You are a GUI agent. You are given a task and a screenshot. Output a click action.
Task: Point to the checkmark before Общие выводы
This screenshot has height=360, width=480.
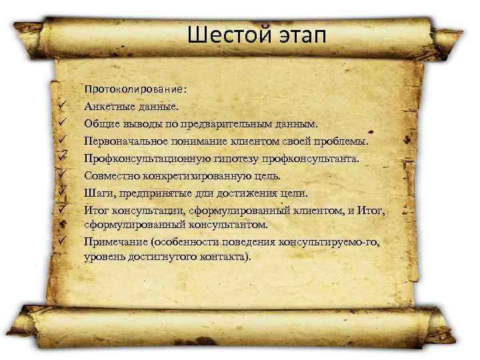61,123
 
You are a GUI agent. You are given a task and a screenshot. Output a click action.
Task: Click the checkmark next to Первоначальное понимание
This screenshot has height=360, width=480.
61,140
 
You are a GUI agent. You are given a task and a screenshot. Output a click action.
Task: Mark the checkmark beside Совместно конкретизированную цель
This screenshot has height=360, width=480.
61,175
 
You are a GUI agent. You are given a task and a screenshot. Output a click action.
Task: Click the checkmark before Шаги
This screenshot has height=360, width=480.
61,193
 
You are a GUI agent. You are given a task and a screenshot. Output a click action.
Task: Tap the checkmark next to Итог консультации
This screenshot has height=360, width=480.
61,210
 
